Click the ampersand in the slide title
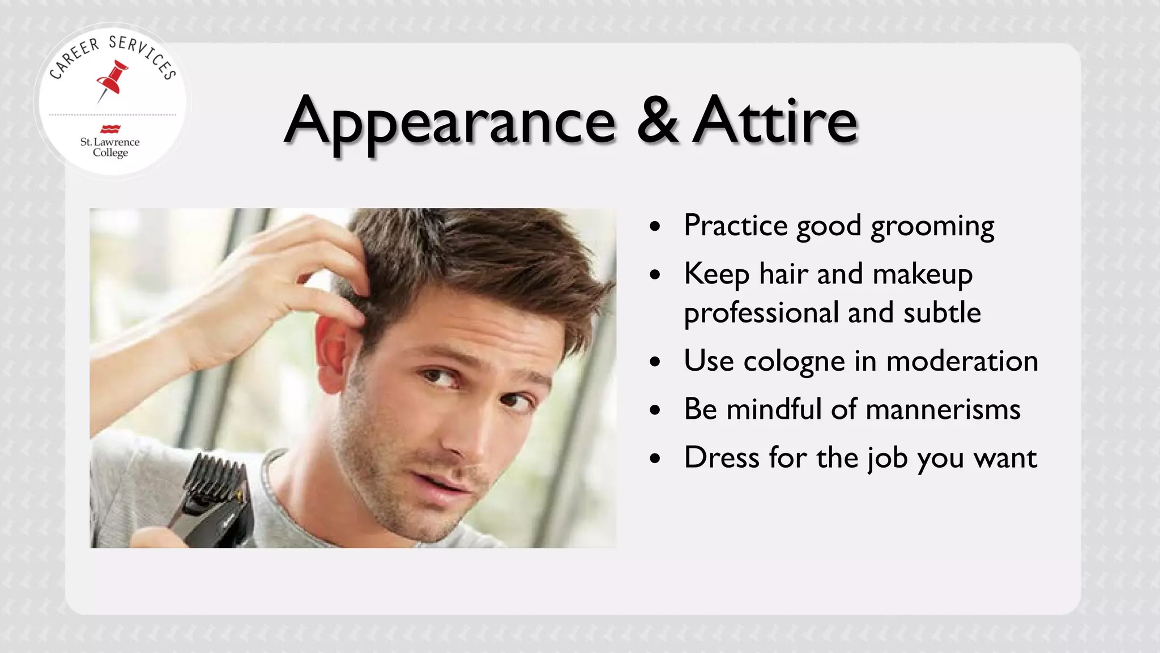(x=657, y=120)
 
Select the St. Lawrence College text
(x=110, y=147)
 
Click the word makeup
(x=923, y=275)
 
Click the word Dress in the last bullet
(x=721, y=457)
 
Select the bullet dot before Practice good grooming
(x=655, y=227)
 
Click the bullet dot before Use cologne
(x=655, y=362)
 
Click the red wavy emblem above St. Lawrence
(x=110, y=129)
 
